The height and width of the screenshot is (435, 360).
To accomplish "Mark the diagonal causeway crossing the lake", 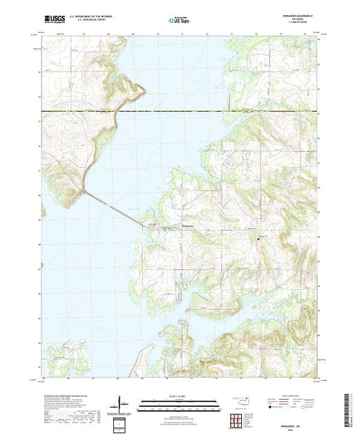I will [x=114, y=206].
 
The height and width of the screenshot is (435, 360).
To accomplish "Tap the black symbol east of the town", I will [x=258, y=238].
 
